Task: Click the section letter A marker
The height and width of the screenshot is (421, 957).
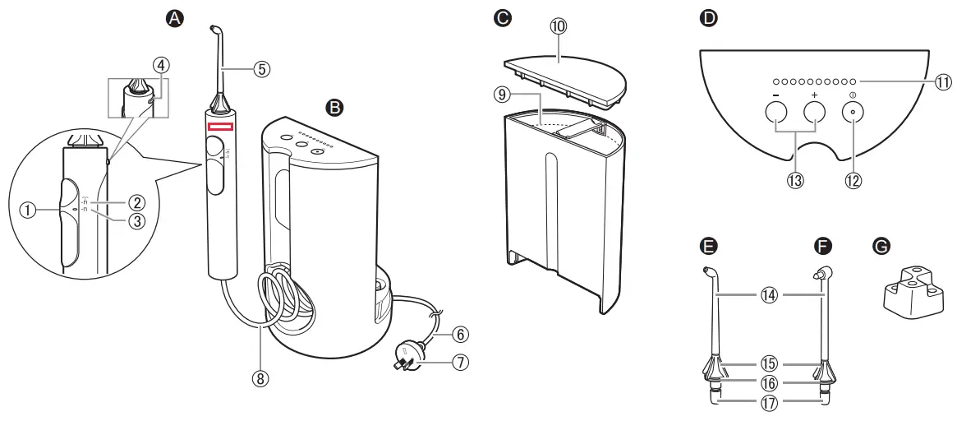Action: [x=174, y=16]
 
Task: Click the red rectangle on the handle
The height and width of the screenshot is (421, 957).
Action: [x=221, y=127]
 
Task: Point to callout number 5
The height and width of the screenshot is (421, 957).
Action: [x=260, y=69]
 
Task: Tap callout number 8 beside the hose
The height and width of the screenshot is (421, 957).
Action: [x=261, y=379]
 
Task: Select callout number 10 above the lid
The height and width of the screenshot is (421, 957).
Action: [x=559, y=27]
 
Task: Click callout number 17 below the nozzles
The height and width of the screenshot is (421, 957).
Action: [x=768, y=402]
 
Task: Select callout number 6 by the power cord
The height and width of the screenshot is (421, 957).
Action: [x=461, y=335]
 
